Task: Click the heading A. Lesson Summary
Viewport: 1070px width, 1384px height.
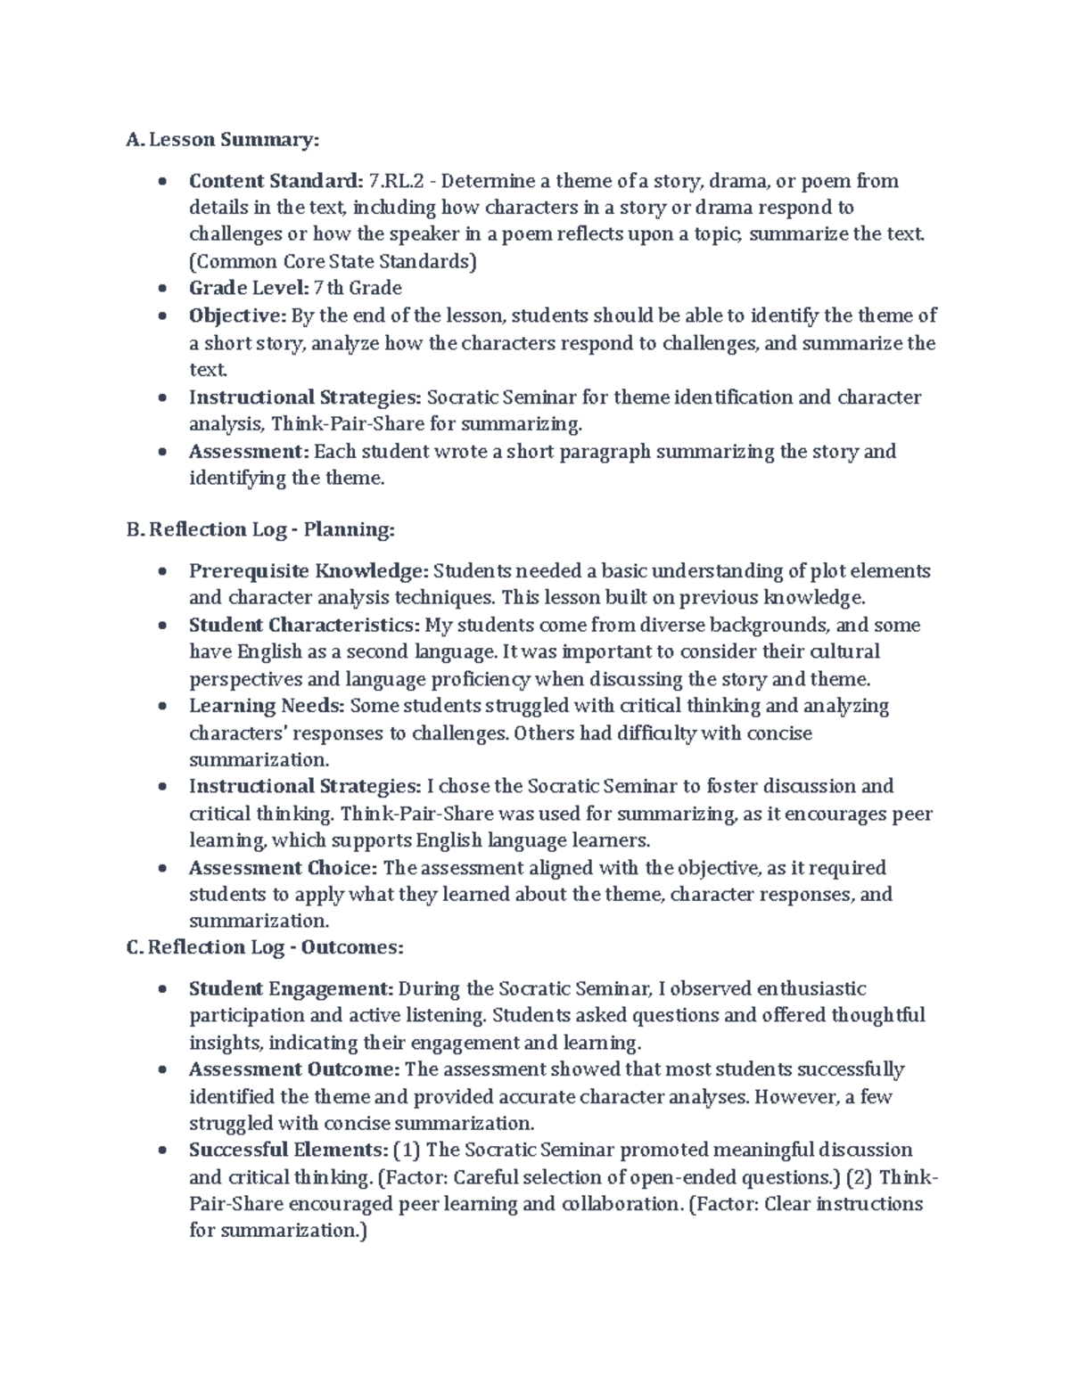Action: click(223, 140)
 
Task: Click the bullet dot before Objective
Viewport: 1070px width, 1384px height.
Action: click(161, 316)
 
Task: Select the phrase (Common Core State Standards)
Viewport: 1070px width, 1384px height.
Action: click(333, 262)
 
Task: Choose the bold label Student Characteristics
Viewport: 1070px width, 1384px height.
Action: click(304, 626)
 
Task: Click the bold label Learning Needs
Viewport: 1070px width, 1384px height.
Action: click(267, 707)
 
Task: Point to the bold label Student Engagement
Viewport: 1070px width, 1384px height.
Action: click(291, 989)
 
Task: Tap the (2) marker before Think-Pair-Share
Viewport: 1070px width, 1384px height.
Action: click(859, 1178)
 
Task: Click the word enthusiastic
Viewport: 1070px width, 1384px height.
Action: click(811, 989)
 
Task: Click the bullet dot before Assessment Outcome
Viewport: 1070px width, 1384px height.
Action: click(161, 1070)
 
